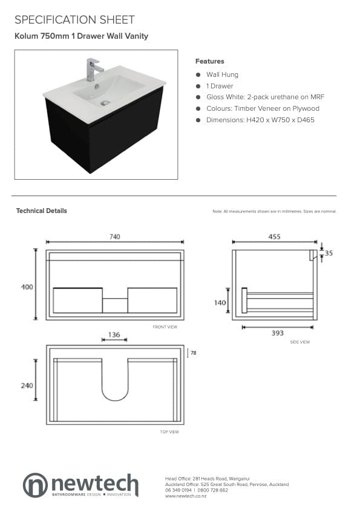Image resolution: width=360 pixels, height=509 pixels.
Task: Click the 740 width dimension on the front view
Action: point(115,237)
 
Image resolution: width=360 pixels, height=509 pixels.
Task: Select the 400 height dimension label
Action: point(27,287)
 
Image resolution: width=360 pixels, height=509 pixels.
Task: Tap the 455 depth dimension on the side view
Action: point(274,237)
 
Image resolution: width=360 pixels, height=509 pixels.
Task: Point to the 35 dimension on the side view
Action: point(329,253)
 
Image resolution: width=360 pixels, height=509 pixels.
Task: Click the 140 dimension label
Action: point(220,303)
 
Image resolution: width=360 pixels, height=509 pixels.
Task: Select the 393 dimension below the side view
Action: point(278,333)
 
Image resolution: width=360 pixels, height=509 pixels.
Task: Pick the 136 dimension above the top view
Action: point(114,335)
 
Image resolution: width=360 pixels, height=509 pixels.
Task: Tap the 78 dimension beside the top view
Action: point(194,353)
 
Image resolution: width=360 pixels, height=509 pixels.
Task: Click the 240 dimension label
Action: point(27,386)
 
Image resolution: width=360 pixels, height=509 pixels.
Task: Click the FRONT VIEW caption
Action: point(165,327)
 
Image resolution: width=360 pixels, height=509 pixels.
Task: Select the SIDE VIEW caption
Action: point(300,342)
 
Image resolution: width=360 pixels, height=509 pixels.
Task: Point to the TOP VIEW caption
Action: point(169,432)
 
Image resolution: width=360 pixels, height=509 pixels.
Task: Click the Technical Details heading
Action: point(42,211)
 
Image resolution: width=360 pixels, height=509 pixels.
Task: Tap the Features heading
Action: point(210,61)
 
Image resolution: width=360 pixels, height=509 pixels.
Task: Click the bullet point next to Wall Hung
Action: point(198,74)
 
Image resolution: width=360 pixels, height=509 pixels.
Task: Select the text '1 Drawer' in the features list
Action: point(220,86)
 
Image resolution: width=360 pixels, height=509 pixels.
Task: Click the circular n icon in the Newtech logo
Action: point(35,485)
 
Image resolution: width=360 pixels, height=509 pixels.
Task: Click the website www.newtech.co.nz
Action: point(186,496)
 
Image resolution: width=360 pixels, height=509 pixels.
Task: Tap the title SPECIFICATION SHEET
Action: point(74,20)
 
